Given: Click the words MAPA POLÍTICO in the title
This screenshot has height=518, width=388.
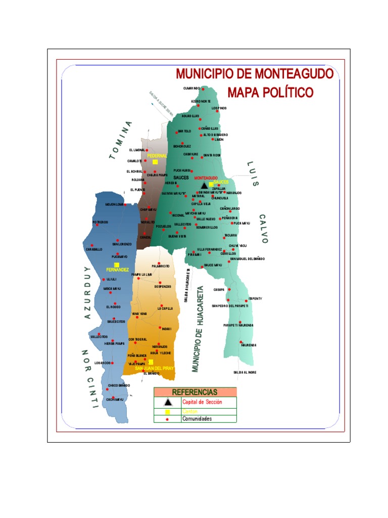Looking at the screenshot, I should tap(270, 93).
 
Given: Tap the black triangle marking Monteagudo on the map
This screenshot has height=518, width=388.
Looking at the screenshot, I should tap(204, 186).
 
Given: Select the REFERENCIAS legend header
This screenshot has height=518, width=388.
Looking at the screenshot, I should tap(195, 392).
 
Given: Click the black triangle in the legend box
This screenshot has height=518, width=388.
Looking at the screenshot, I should tap(168, 402).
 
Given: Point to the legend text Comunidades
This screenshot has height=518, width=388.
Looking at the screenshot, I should tap(197, 418).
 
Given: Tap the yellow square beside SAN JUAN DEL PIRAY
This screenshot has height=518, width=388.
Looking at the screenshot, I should tap(151, 362).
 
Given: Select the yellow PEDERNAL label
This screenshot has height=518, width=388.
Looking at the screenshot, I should tap(157, 156).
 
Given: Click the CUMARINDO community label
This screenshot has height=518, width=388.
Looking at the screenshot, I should tap(192, 89).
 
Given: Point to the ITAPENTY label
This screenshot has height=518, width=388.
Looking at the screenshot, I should tap(255, 298).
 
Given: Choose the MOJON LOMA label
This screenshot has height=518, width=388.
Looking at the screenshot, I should tap(114, 204).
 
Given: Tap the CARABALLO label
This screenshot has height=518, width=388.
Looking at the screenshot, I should tap(94, 249).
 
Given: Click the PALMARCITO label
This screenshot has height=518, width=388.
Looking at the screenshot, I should tap(160, 266).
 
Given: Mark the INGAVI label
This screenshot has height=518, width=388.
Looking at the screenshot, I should tap(167, 329).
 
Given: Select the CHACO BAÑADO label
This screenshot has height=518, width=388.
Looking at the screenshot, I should tap(119, 385).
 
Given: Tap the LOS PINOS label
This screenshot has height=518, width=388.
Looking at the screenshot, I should tap(219, 108).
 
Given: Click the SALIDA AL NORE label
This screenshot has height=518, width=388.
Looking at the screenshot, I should tap(245, 372).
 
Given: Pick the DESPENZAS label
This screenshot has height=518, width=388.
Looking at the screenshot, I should tap(163, 286).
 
